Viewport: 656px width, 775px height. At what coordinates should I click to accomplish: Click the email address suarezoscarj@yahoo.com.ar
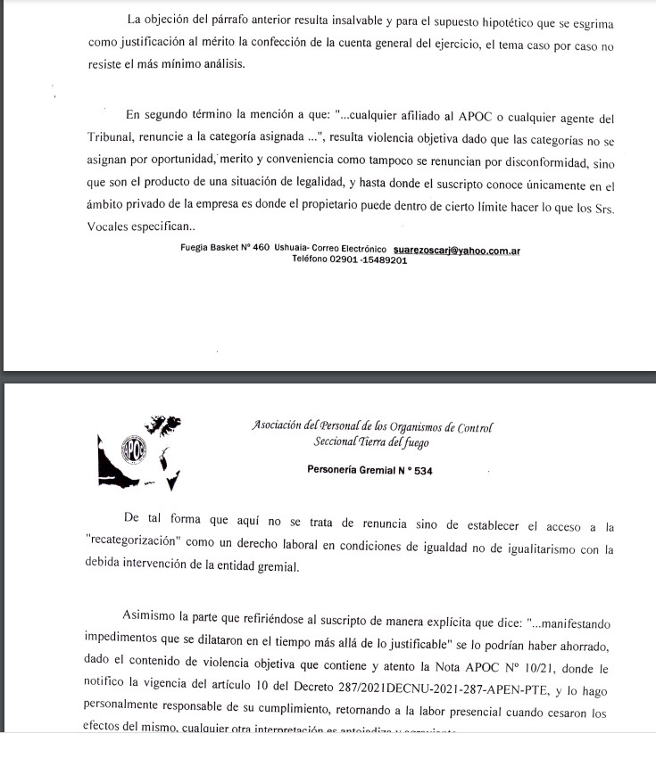pyautogui.click(x=456, y=250)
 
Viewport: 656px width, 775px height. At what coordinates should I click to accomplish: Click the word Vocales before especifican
pyautogui.click(x=112, y=226)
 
